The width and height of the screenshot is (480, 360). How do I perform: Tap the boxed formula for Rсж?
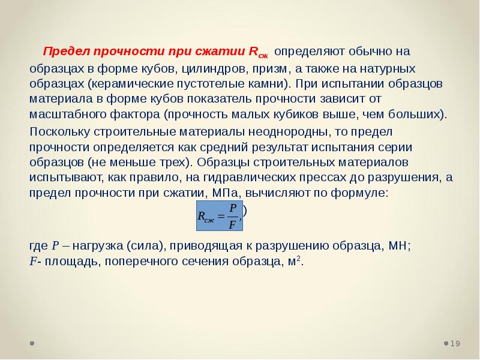[x=220, y=215]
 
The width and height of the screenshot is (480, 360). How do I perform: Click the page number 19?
[x=455, y=343]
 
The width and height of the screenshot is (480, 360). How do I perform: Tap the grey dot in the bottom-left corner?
[x=32, y=343]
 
